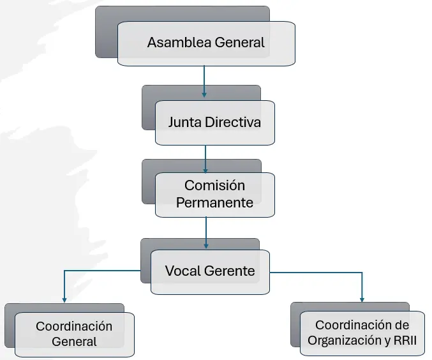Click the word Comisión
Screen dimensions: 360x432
pos(214,186)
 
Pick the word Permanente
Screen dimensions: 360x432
pos(214,202)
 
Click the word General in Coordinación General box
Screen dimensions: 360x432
pos(74,341)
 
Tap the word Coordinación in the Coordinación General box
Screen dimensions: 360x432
pos(74,326)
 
